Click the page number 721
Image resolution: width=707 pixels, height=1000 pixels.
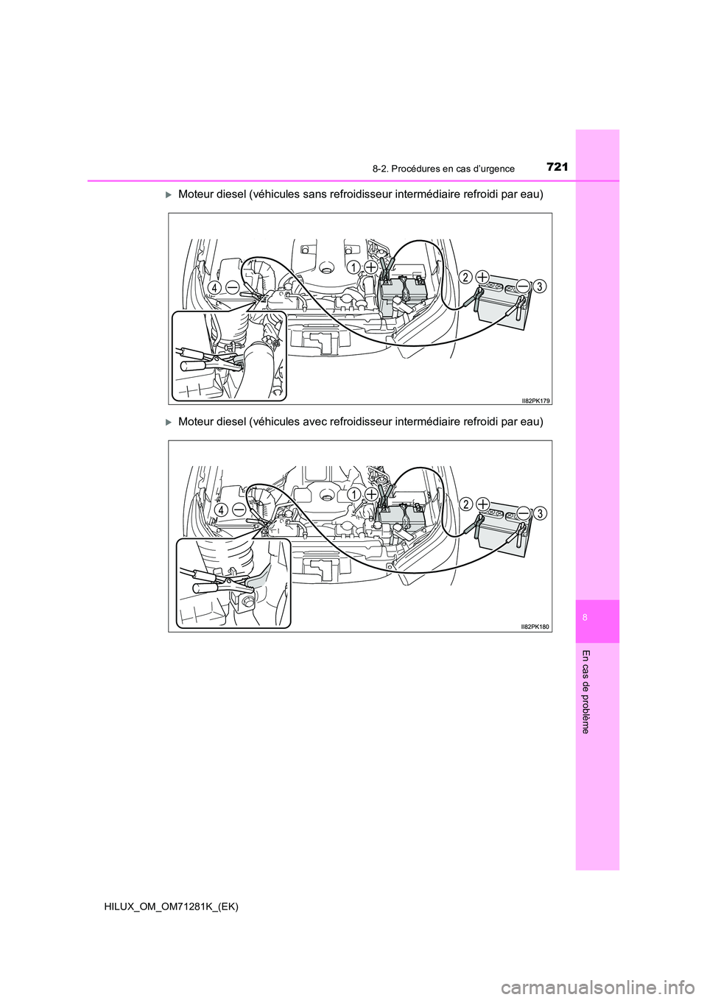pyautogui.click(x=557, y=168)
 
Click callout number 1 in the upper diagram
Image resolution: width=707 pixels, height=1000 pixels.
pyautogui.click(x=353, y=267)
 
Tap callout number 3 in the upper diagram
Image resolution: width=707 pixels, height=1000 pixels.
pyautogui.click(x=539, y=286)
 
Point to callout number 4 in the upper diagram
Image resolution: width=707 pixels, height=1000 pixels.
pyautogui.click(x=215, y=289)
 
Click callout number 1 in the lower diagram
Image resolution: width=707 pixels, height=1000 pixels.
pyautogui.click(x=353, y=494)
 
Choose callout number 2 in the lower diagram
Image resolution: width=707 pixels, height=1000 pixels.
pyautogui.click(x=466, y=504)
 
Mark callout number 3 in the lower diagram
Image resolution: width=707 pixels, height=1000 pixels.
pyautogui.click(x=540, y=513)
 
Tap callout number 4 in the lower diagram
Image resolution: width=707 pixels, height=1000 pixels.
pyautogui.click(x=220, y=510)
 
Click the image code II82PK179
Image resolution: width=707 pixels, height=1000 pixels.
pyautogui.click(x=535, y=401)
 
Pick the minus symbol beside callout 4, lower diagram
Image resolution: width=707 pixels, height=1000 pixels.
pyautogui.click(x=239, y=509)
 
